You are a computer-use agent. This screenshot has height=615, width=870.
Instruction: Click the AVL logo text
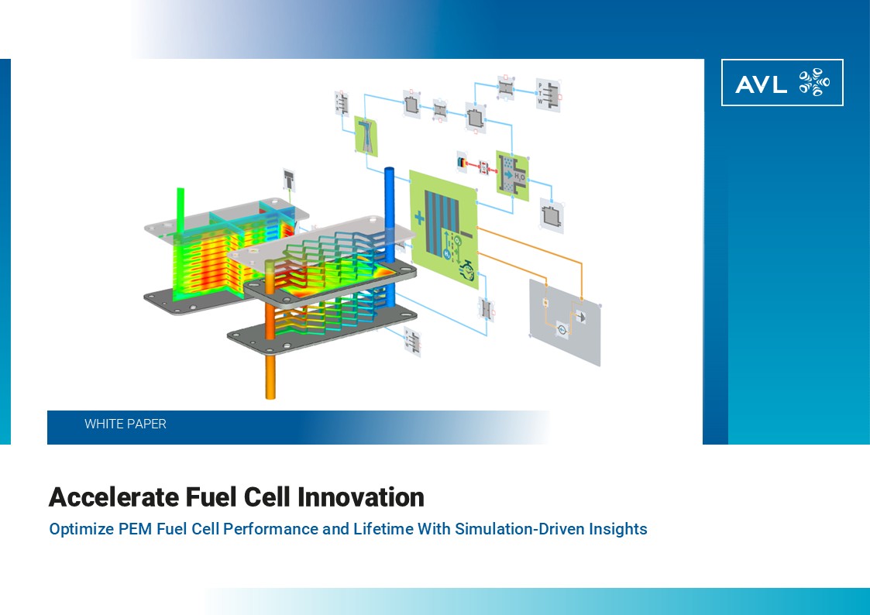pos(761,84)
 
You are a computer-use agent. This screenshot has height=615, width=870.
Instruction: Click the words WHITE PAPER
pos(126,424)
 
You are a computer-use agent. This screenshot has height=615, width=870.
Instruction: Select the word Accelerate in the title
pos(114,497)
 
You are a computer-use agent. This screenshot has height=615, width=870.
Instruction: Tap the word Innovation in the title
pos(361,497)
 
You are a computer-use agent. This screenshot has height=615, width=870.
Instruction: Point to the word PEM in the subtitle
pos(136,529)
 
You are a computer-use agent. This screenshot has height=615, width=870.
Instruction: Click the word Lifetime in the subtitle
pos(383,529)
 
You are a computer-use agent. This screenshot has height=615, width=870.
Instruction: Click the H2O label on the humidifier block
pos(519,177)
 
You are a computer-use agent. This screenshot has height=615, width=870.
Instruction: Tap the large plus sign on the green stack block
pos(419,218)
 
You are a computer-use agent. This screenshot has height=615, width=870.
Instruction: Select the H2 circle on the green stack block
pos(447,253)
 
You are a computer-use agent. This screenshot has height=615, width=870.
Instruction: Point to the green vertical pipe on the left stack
pos(181,216)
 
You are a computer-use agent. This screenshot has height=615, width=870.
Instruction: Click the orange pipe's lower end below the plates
pos(270,396)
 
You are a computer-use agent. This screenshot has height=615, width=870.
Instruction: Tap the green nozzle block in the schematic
pos(366,136)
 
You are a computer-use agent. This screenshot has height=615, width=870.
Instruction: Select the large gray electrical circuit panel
pos(566,322)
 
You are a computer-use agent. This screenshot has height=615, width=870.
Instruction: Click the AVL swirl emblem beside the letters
pos(814,82)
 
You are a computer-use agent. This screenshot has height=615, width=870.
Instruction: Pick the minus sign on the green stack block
pos(466,235)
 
